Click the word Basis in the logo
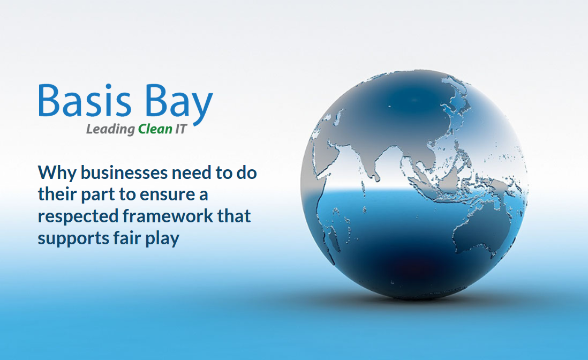tap(85, 100)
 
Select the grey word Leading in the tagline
tap(111, 130)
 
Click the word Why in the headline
tap(57, 174)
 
